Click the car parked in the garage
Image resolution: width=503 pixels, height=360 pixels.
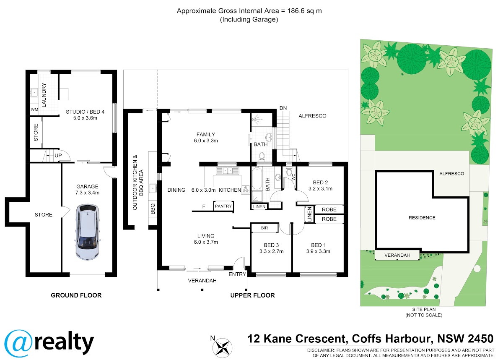pyautogui.click(x=87, y=232)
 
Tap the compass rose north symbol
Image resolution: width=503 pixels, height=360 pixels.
pyautogui.click(x=222, y=348)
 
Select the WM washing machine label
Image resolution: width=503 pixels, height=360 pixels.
pyautogui.click(x=34, y=110)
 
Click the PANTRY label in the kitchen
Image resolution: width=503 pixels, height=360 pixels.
pyautogui.click(x=223, y=206)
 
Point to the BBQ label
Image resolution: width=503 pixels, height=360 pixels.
pyautogui.click(x=153, y=209)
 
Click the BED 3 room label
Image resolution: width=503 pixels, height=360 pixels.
pyautogui.click(x=271, y=245)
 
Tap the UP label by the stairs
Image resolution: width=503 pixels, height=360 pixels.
pyautogui.click(x=58, y=156)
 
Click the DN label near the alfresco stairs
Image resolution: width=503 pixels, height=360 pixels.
pyautogui.click(x=283, y=108)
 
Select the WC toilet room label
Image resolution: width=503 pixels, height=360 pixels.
pyautogui.click(x=293, y=177)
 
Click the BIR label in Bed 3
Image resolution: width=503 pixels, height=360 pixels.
pyautogui.click(x=264, y=228)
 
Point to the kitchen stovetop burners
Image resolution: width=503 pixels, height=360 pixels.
pyautogui.click(x=246, y=189)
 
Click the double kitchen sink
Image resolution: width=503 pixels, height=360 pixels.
pyautogui.click(x=228, y=171)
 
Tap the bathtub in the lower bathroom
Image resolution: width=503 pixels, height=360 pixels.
pyautogui.click(x=257, y=178)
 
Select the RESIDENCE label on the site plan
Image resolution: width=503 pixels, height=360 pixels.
pyautogui.click(x=422, y=217)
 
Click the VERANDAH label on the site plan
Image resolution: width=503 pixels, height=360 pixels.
pyautogui.click(x=397, y=255)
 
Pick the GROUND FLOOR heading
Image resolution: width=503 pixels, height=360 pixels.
pyautogui.click(x=76, y=295)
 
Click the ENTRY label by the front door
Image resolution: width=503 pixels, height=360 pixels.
pyautogui.click(x=237, y=274)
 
